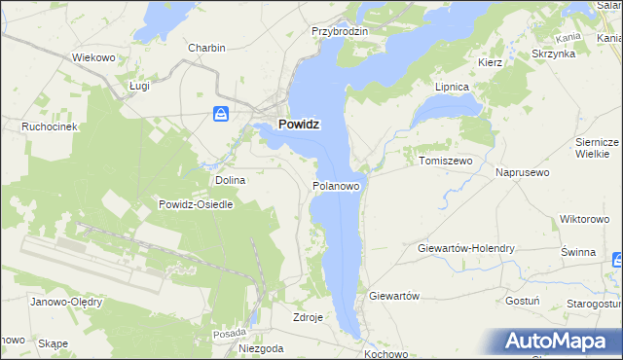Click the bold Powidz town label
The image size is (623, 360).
click(x=299, y=125)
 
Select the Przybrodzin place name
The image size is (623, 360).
click(x=340, y=31)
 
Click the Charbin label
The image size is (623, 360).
click(x=207, y=48)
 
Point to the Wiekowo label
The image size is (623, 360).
click(x=94, y=57)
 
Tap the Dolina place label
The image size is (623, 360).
click(x=231, y=180)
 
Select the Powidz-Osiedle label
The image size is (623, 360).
click(x=195, y=204)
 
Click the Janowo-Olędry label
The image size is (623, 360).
click(x=67, y=302)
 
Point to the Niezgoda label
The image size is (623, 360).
click(x=261, y=347)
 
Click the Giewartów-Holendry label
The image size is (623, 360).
click(x=465, y=248)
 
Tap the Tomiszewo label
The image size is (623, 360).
click(x=445, y=161)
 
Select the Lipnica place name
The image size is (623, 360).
click(x=452, y=87)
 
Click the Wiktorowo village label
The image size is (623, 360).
click(x=584, y=220)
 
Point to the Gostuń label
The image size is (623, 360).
click(x=523, y=301)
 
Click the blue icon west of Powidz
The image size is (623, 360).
click(x=222, y=115)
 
